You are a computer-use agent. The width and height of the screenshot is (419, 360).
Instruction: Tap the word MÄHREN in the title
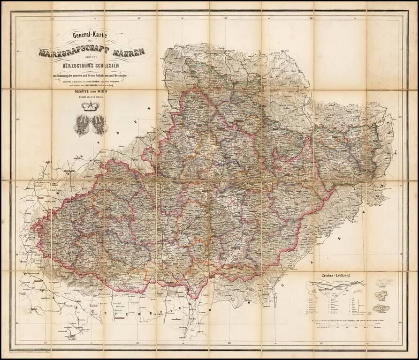(x=128, y=50)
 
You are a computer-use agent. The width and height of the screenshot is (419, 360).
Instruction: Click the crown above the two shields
(x=88, y=106)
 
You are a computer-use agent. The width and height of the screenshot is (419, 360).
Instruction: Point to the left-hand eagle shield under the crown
(x=82, y=125)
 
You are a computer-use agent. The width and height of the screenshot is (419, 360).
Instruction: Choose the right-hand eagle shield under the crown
(x=99, y=125)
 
